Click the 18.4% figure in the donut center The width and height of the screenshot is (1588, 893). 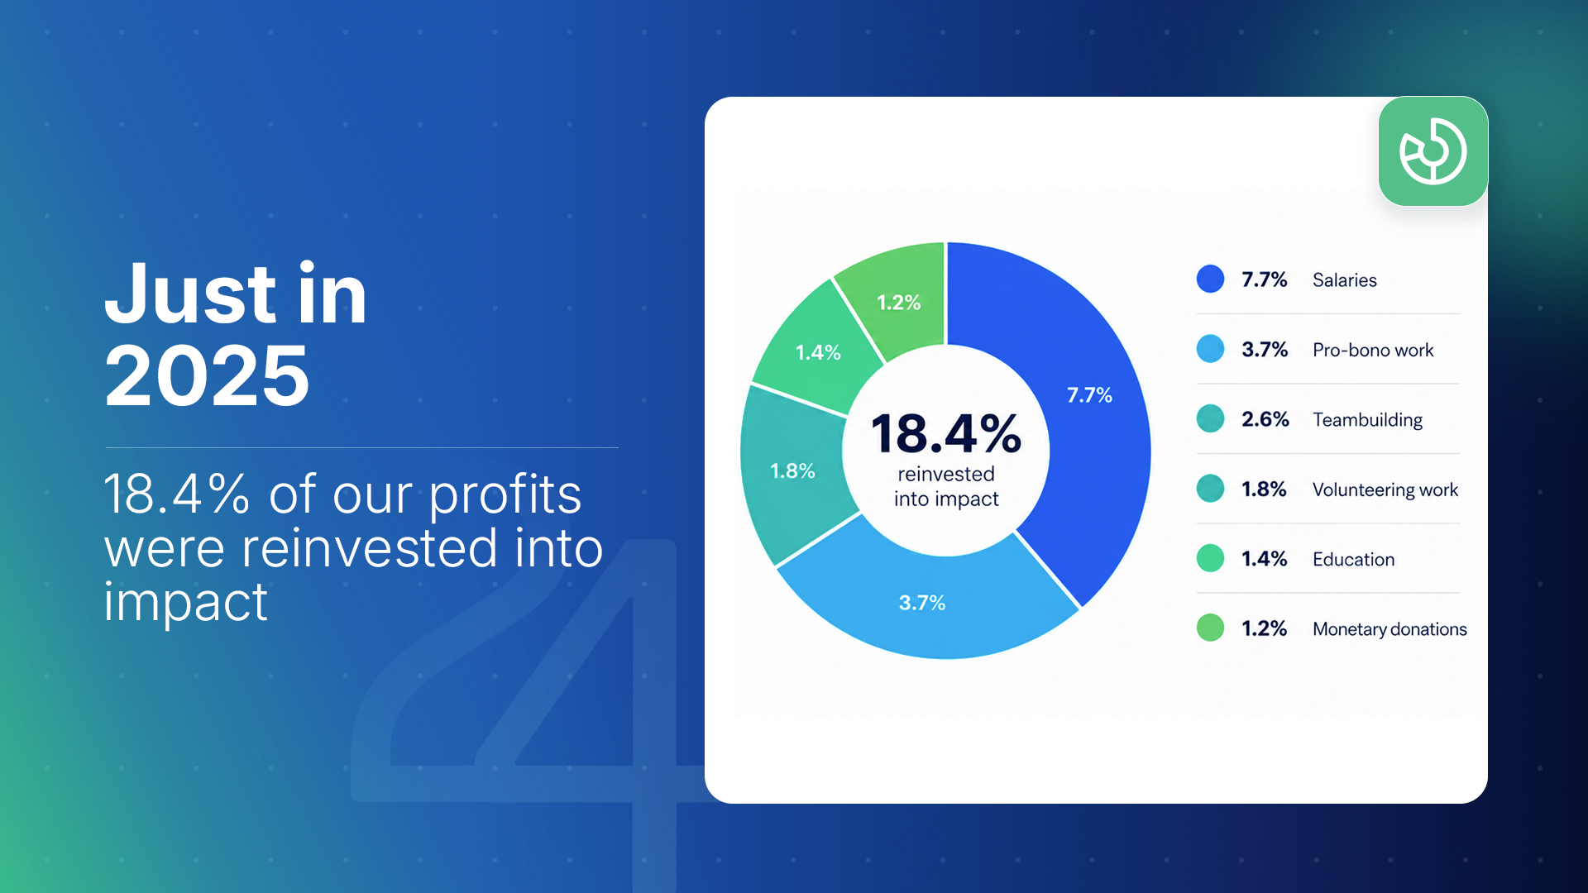pyautogui.click(x=946, y=433)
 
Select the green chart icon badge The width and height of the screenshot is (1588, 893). pyautogui.click(x=1433, y=151)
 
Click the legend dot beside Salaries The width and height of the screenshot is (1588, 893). pyautogui.click(x=1210, y=279)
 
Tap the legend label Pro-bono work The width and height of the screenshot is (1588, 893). pyautogui.click(x=1373, y=350)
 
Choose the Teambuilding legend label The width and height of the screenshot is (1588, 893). pyautogui.click(x=1367, y=420)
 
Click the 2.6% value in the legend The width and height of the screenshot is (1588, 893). pyautogui.click(x=1265, y=419)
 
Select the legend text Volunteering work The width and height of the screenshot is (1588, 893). pyautogui.click(x=1385, y=489)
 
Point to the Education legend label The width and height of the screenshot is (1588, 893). pyautogui.click(x=1353, y=559)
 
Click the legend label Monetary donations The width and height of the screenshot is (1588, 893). pyautogui.click(x=1389, y=629)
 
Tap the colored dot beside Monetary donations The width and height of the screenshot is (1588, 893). pyautogui.click(x=1210, y=628)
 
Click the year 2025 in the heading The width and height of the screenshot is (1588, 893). pyautogui.click(x=207, y=376)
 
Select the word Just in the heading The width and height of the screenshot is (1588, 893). pyautogui.click(x=190, y=294)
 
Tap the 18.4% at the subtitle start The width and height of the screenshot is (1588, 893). pyautogui.click(x=177, y=494)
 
